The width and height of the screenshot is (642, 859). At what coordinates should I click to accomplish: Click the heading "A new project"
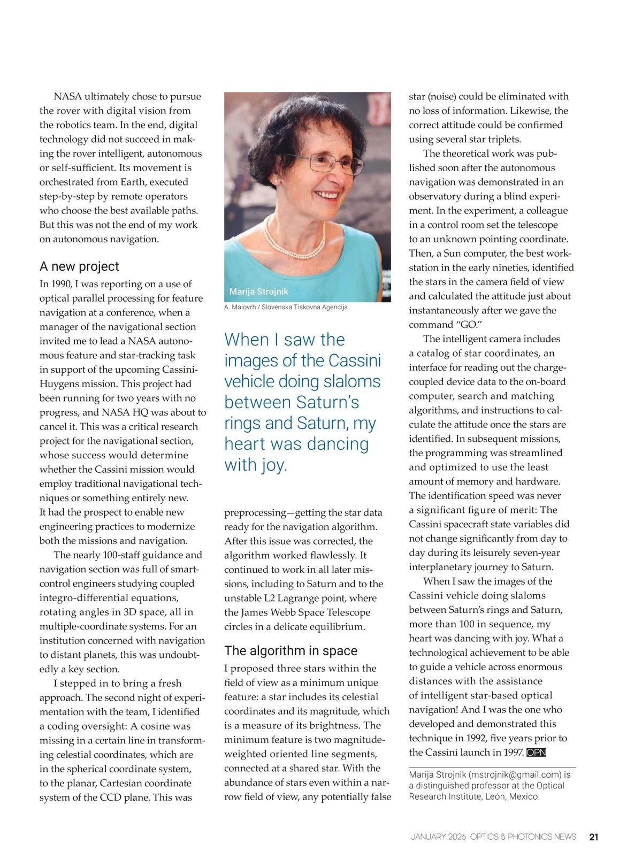click(79, 266)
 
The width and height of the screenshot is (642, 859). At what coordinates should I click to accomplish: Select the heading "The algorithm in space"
click(291, 650)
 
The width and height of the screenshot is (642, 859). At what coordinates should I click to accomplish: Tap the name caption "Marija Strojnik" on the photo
click(258, 292)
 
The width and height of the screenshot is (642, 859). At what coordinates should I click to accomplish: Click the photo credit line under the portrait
click(286, 307)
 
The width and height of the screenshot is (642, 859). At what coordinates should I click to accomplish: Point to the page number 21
click(593, 837)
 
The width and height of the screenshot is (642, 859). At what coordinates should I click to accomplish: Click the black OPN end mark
click(536, 753)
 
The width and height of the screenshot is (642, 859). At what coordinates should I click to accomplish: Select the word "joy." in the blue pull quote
click(274, 465)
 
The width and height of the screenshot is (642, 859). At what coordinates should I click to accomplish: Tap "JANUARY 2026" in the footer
click(438, 837)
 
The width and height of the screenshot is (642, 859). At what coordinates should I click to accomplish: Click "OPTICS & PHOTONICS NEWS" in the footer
click(523, 837)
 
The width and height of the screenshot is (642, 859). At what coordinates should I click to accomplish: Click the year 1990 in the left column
click(61, 284)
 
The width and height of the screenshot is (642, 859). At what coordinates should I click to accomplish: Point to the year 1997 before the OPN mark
click(513, 753)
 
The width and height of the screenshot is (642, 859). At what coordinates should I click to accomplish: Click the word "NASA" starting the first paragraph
click(68, 96)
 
